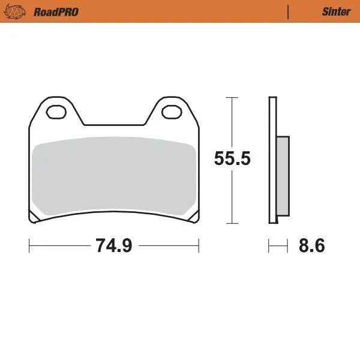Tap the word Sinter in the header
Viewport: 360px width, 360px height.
tap(332, 11)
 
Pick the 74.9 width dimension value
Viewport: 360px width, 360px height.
tap(114, 245)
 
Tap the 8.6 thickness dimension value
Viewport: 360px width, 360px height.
tap(311, 245)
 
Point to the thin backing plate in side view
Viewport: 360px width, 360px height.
tap(273, 159)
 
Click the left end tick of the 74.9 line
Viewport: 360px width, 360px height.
tap(29, 245)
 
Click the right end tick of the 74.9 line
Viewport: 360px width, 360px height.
tap(199, 245)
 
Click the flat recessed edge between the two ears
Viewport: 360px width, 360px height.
tap(114, 125)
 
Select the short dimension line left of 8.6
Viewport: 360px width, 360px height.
tap(275, 245)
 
